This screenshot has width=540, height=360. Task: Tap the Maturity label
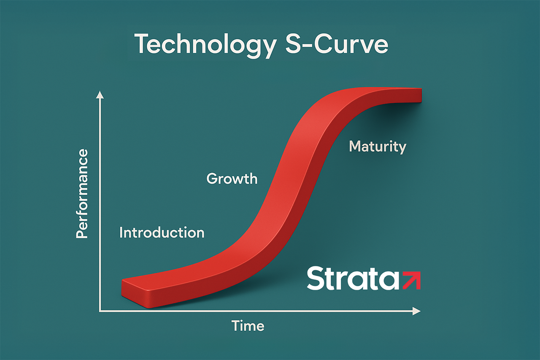coord(378,147)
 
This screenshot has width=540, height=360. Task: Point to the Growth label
coord(232,179)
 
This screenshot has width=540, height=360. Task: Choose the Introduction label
coord(162,233)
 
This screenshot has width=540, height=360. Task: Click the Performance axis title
coord(82,193)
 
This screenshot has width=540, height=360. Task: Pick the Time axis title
coord(248,326)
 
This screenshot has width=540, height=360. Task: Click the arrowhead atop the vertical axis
coord(100,95)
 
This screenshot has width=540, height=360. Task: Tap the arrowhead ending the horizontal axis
coord(416,311)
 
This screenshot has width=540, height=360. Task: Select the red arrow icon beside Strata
coord(412,280)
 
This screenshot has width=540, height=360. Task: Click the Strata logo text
coord(353,278)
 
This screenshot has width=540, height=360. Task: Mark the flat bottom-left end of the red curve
coord(135,293)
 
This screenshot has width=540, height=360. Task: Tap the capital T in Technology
coord(144,43)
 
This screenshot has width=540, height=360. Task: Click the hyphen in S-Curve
coord(307,45)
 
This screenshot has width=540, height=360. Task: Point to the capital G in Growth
coord(212,179)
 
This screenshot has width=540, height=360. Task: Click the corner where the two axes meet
coord(100,312)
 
